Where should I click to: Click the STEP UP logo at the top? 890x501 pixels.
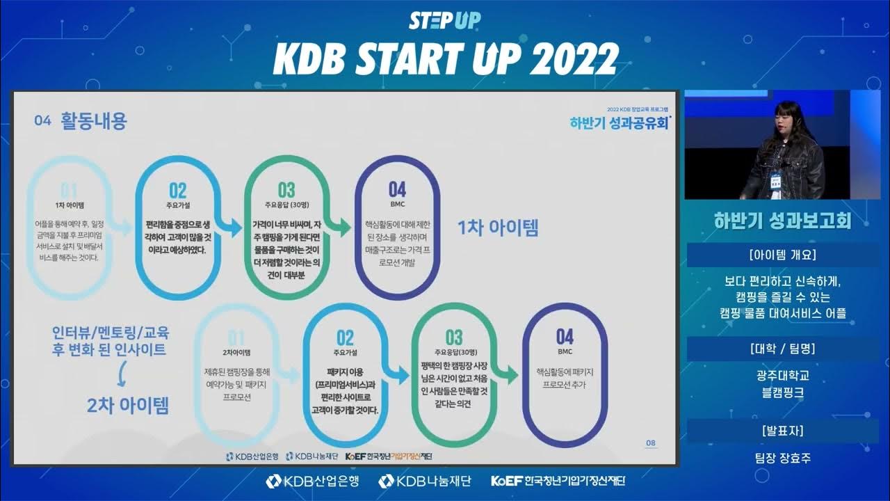444,20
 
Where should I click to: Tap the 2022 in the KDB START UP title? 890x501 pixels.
574,60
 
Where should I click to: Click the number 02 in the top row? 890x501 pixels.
178,191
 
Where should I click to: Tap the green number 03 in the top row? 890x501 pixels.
286,191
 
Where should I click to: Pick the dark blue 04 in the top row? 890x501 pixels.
397,190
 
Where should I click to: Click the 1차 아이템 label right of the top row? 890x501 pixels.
497,228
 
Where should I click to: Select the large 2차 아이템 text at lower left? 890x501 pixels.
128,405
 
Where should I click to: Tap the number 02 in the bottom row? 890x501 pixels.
346,338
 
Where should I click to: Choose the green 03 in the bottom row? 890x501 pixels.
454,338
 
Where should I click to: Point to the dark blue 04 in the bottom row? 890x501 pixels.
565,337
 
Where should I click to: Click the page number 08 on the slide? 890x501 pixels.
650,443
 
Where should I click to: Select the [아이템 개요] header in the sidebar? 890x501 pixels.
783,255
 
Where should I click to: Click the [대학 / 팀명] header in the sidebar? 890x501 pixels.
783,349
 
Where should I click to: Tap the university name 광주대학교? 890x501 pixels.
783,376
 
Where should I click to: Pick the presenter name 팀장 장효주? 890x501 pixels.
783,459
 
